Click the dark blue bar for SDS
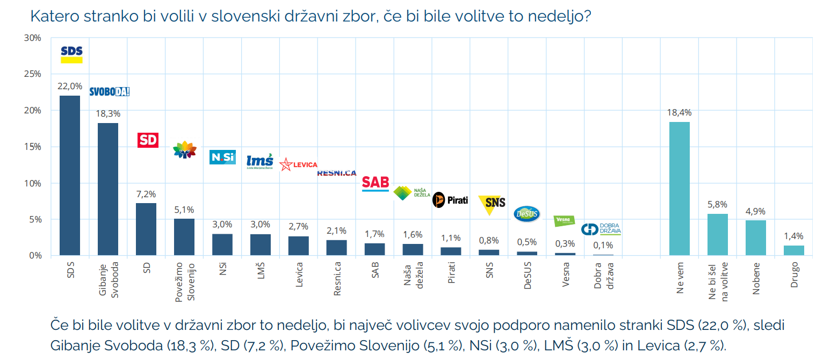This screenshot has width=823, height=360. click(70, 175)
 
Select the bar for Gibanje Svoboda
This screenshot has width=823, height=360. click(108, 189)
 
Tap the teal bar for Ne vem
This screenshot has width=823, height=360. click(680, 189)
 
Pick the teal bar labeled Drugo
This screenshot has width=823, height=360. click(794, 250)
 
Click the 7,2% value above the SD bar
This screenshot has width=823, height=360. click(146, 195)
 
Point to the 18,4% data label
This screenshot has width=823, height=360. click(680, 113)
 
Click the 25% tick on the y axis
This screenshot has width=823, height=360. click(33, 74)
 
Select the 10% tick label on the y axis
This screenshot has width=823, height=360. click(33, 183)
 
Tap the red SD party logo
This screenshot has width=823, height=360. click(148, 140)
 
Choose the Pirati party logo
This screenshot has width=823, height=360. click(450, 200)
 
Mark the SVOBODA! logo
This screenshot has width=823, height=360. click(109, 91)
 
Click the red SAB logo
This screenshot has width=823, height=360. click(375, 183)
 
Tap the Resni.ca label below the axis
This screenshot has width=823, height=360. click(337, 278)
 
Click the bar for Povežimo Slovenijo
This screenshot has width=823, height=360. click(184, 237)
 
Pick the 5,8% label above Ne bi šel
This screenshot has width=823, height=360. click(717, 205)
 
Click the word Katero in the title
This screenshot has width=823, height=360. click(54, 16)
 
